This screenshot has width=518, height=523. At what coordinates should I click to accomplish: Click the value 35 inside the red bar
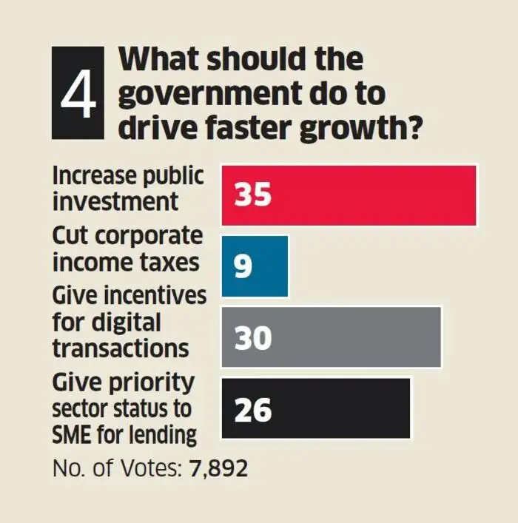254,195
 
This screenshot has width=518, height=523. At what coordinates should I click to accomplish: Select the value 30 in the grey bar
254,338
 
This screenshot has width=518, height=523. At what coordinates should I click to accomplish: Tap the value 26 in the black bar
253,410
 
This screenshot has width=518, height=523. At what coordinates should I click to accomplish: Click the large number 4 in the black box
78,94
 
